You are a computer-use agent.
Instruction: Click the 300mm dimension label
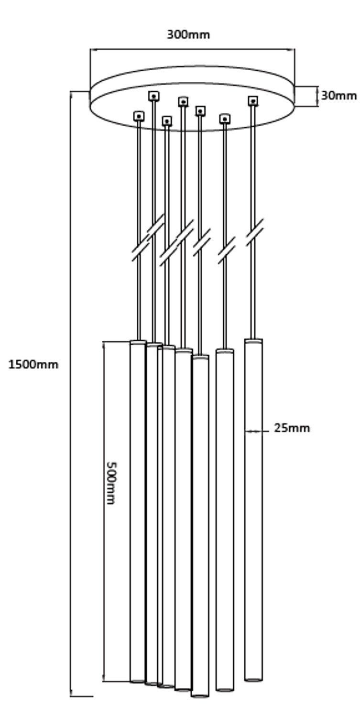[x=188, y=35]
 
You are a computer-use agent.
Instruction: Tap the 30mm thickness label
[x=338, y=96]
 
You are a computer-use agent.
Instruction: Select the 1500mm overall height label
[x=33, y=365]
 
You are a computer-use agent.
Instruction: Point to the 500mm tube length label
[x=111, y=483]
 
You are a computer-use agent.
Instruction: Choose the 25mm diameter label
[x=292, y=428]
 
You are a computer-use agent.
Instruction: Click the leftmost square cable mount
[x=139, y=116]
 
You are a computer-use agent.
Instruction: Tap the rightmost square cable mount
[x=253, y=101]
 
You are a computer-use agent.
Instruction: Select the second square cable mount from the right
[x=225, y=119]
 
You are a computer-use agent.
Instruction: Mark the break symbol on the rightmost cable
[x=255, y=233]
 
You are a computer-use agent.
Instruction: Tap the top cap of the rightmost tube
[x=253, y=341]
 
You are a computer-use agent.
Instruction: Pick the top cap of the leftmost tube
[x=138, y=342]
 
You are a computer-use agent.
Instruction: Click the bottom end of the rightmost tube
[x=253, y=679]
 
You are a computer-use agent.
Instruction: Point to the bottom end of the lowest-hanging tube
[x=200, y=695]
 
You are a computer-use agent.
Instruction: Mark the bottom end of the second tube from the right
[x=225, y=689]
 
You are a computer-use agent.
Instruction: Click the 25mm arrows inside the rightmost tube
[x=253, y=431]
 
